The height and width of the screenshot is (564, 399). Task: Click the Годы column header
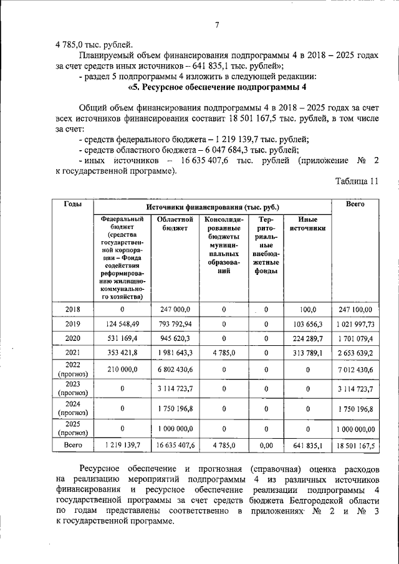pos(71,205)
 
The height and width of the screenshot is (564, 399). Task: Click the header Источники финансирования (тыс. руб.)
pos(213,206)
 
